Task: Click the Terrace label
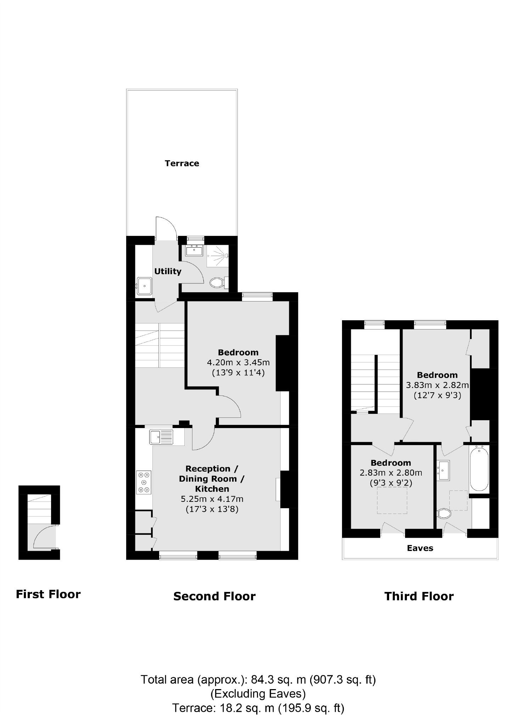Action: pyautogui.click(x=182, y=163)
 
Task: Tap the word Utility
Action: pyautogui.click(x=168, y=271)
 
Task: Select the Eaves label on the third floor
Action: pyautogui.click(x=420, y=548)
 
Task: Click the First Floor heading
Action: pyautogui.click(x=48, y=594)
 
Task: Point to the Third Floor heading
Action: pyautogui.click(x=419, y=596)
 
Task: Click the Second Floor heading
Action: pyautogui.click(x=214, y=596)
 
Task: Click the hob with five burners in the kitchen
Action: pyautogui.click(x=144, y=482)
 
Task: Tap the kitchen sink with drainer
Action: pyautogui.click(x=161, y=437)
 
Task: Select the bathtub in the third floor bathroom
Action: pyautogui.click(x=479, y=469)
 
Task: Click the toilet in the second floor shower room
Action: pyautogui.click(x=217, y=283)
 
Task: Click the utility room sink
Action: pyautogui.click(x=145, y=286)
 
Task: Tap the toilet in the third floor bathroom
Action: pyautogui.click(x=444, y=513)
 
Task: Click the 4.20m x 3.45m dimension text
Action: pyautogui.click(x=238, y=362)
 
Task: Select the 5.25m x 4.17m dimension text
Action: pyautogui.click(x=212, y=499)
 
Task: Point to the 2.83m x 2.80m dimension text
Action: pyautogui.click(x=391, y=473)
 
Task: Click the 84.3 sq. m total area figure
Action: pyautogui.click(x=278, y=680)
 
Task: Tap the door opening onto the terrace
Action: pyautogui.click(x=166, y=229)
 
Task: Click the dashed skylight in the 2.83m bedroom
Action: pyautogui.click(x=392, y=500)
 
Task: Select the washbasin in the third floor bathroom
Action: pyautogui.click(x=443, y=470)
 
